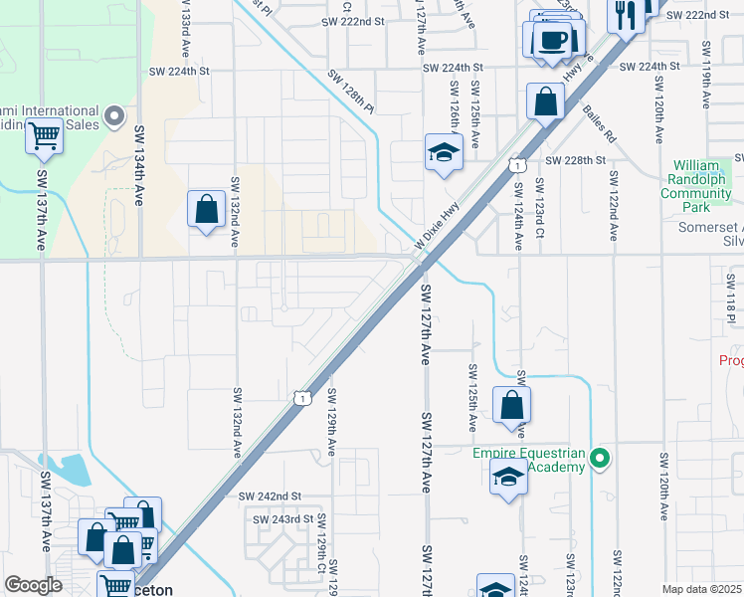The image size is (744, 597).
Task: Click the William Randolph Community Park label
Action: tap(702, 186)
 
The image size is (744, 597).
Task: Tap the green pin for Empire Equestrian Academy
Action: tap(599, 459)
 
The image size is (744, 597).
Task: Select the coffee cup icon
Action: tap(552, 40)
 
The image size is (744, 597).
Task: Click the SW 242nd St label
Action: tap(270, 496)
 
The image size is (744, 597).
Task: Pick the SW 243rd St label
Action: tap(282, 519)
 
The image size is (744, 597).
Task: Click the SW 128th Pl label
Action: tap(350, 89)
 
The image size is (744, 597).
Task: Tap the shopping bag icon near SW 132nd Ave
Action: tap(206, 209)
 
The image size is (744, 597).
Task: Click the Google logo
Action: tap(33, 584)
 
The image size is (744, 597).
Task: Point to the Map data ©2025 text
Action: tap(701, 589)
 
